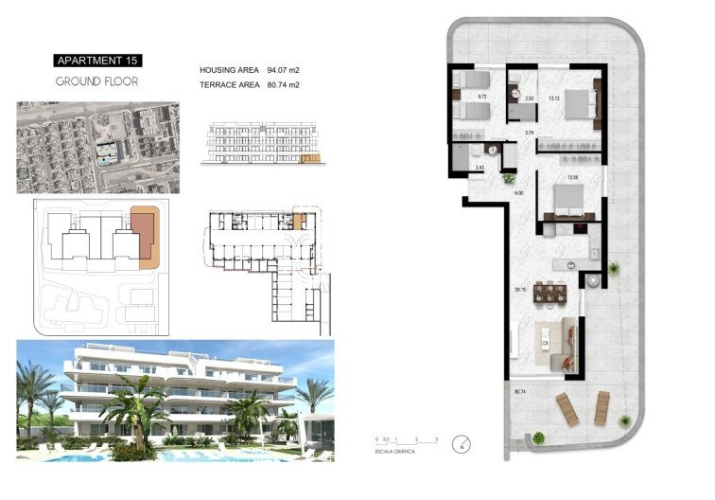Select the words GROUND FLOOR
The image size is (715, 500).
pos(96,81)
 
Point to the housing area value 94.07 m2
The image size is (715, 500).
pos(283,70)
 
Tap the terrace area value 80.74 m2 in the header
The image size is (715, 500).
pos(283,85)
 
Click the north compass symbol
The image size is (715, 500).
pos(461,442)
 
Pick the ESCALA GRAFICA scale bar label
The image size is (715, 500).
pos(397,452)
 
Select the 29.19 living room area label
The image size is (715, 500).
pos(519,290)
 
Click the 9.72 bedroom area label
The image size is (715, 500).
pos(481,96)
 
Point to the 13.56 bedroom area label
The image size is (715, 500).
pos(571,177)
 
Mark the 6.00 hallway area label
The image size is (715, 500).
pos(519,192)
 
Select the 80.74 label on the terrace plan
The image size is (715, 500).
pos(518,390)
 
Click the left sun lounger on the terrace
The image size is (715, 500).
pos(567,409)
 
